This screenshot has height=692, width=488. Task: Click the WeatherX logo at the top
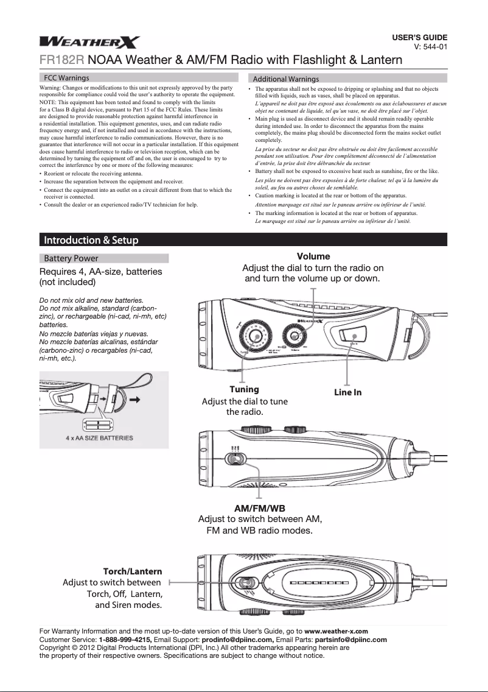click(90, 42)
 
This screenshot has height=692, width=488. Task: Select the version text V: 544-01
click(431, 46)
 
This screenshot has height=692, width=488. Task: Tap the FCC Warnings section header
click(66, 78)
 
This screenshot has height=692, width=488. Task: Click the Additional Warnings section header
click(285, 79)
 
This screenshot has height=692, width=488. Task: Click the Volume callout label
click(313, 256)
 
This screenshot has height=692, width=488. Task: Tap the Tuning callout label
click(244, 389)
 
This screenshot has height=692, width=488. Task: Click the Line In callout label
click(347, 392)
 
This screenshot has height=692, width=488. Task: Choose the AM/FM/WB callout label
click(260, 508)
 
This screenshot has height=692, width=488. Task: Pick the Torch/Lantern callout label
click(132, 571)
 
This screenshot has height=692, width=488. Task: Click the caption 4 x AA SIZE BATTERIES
click(99, 437)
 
